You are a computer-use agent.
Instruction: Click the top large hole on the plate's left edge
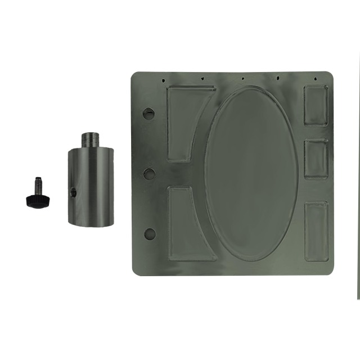[x=149, y=112]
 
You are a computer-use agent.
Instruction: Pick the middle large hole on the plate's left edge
[x=149, y=173]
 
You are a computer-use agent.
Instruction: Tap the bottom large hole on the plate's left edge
[x=150, y=234]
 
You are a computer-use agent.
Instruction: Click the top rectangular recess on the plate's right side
[x=316, y=105]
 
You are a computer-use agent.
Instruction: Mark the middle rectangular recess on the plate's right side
[x=316, y=159]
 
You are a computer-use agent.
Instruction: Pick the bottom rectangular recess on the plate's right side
[x=316, y=231]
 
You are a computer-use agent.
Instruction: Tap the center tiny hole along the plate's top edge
[x=242, y=78]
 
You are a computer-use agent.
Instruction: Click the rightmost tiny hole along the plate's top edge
[x=316, y=78]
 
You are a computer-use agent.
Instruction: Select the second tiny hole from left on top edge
[x=201, y=79]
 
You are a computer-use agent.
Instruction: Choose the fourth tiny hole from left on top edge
[x=278, y=78]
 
